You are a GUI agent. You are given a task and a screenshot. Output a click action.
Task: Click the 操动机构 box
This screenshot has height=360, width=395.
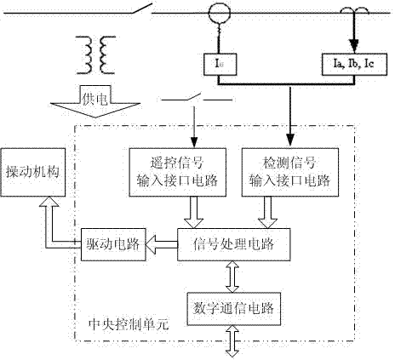tap(33, 172)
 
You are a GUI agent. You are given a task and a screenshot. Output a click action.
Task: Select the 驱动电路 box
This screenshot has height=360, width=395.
tap(113, 244)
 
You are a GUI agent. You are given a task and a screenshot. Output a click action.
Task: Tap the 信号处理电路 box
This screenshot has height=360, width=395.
tap(234, 244)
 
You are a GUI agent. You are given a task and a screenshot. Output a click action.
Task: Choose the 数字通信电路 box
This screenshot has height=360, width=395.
tap(234, 309)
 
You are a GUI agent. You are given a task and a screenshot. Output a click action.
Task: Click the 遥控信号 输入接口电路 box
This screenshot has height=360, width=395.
tap(178, 172)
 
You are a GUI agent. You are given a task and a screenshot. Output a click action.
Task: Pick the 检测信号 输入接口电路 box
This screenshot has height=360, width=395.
tap(290, 172)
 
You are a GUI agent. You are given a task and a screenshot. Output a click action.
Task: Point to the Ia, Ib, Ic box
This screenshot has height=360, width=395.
tap(354, 64)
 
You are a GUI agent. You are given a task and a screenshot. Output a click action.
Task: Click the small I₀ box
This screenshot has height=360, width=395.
tap(220, 64)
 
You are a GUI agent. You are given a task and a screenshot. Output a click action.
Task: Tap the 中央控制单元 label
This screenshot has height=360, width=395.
tap(129, 324)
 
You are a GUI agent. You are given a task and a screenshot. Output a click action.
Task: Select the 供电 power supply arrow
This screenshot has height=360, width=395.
tap(95, 101)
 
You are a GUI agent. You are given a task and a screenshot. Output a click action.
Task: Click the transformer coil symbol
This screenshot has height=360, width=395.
tap(95, 55)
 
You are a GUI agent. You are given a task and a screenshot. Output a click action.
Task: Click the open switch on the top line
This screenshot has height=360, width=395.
tap(142, 9)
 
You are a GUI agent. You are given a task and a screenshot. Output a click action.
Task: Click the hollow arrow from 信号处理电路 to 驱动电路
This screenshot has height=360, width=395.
tap(162, 244)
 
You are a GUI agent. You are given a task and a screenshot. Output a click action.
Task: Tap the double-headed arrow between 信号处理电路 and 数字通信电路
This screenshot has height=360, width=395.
tap(232, 277)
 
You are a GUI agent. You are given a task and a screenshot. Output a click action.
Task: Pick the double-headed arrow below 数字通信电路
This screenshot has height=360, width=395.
tap(232, 341)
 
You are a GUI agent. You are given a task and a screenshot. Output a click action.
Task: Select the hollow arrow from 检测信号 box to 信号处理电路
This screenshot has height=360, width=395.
tap(267, 212)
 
